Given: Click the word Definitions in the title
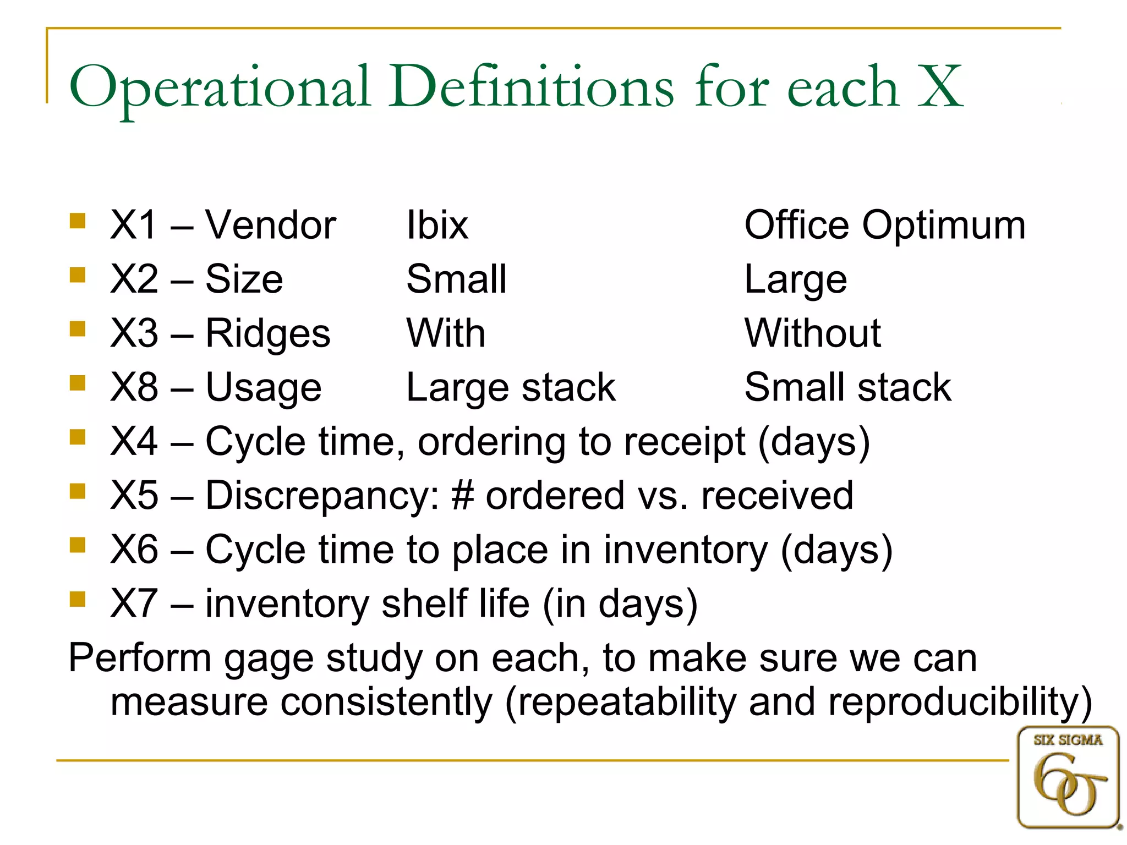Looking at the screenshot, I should pos(531,87).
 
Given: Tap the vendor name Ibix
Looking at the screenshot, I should pos(437,225).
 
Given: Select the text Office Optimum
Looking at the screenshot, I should pos(885,225).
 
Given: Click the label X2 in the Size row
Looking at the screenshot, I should pos(134,279).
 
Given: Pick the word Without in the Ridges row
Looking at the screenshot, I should pos(812,333).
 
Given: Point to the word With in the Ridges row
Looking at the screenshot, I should pos(446,333).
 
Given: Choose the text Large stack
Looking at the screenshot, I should pos(511,387).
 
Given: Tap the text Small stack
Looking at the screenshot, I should pos(847,387).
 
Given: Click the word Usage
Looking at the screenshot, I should pos(263,387).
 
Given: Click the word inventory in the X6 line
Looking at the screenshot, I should pos(685,550).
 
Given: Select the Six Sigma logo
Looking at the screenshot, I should pos(1068,777).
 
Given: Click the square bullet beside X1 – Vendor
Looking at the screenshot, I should pos(78,221).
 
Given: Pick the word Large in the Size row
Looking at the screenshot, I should pos(795,279).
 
